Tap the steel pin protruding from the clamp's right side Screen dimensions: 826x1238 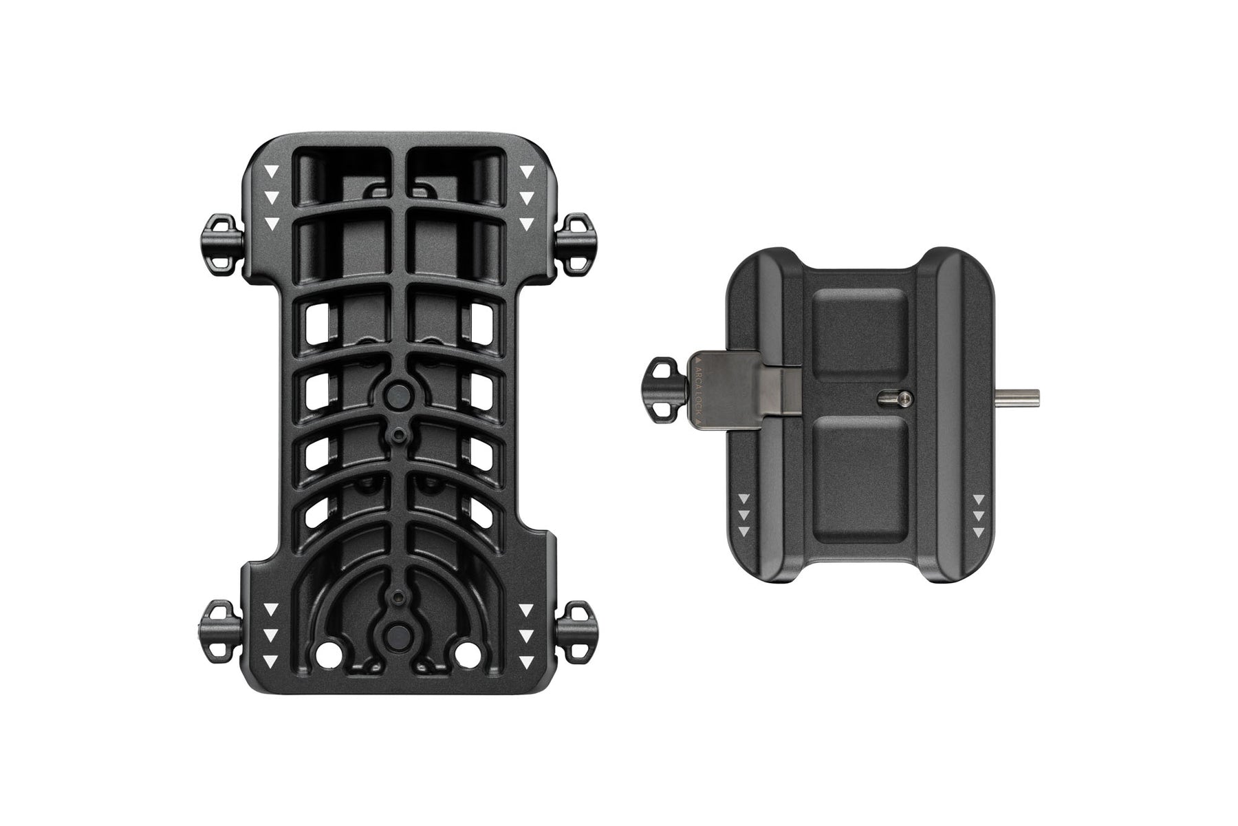(1021, 396)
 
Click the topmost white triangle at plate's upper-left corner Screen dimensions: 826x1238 (273, 171)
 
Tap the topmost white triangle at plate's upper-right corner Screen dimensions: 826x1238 (526, 171)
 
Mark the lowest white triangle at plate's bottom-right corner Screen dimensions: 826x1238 (526, 661)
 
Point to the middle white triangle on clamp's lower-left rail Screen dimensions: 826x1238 (744, 514)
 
